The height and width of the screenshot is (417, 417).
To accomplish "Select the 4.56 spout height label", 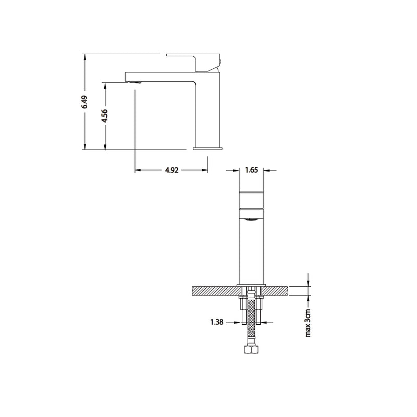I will [x=105, y=116].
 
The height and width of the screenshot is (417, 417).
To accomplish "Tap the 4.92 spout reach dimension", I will [x=171, y=170].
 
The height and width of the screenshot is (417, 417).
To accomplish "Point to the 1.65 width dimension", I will [x=252, y=170].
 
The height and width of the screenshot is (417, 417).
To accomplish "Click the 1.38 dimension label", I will [x=216, y=323].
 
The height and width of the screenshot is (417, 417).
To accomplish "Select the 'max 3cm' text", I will [x=308, y=323].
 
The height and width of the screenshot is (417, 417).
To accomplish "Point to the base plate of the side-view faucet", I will [x=207, y=149].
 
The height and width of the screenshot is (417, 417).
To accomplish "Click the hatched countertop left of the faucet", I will [x=214, y=290].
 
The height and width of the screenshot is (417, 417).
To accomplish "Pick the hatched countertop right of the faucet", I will [x=277, y=290].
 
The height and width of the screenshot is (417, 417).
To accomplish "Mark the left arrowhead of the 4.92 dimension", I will [x=138, y=170].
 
